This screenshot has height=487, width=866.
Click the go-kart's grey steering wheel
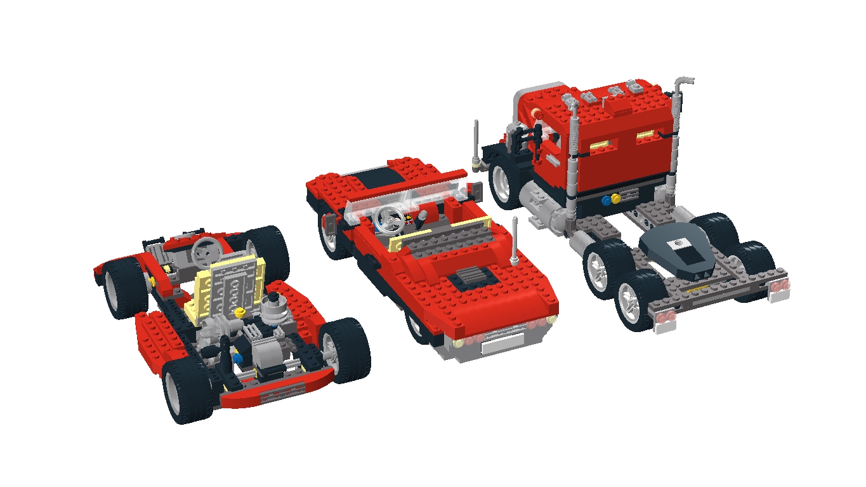(x=204, y=248)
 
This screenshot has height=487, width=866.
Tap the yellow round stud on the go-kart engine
(x=240, y=312)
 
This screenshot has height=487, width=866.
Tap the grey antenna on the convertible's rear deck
(x=515, y=241)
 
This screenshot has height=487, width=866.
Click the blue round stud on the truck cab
(x=607, y=200)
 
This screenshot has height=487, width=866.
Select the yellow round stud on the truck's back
(x=615, y=199)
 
